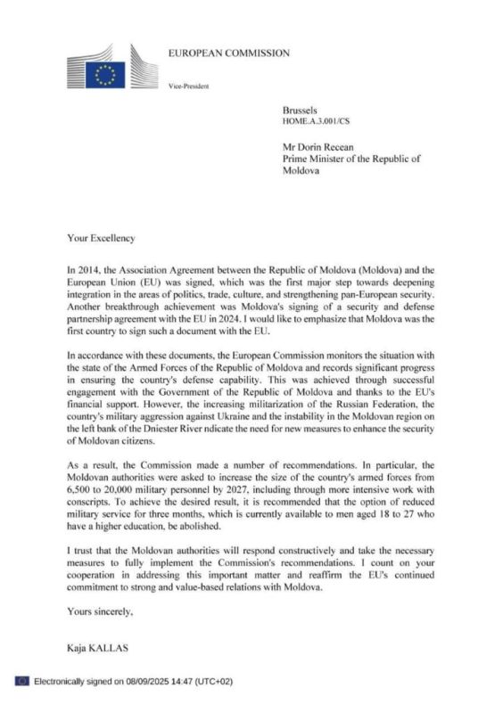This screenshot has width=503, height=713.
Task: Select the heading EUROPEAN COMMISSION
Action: tap(228, 53)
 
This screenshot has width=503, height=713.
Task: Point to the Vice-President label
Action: tap(188, 86)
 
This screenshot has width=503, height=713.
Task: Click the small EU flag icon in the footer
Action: tap(21, 681)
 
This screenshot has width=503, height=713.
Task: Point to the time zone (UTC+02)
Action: tap(214, 681)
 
